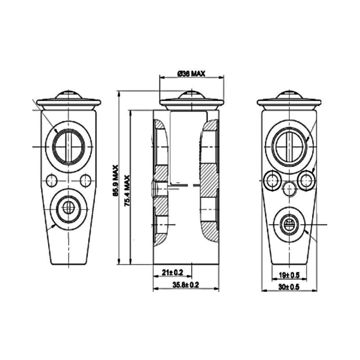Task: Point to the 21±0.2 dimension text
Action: point(172,272)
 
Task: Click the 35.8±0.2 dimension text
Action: point(186,285)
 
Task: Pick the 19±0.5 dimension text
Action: point(289,275)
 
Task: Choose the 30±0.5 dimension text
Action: point(289,287)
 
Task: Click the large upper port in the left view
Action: point(69,147)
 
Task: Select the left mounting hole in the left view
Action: point(51,180)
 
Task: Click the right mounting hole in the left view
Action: point(86,180)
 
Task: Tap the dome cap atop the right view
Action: point(289,94)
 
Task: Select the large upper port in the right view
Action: point(289,147)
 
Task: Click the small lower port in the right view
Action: point(289,224)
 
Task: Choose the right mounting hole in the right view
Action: point(306,180)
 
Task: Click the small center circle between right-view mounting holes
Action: point(289,188)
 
